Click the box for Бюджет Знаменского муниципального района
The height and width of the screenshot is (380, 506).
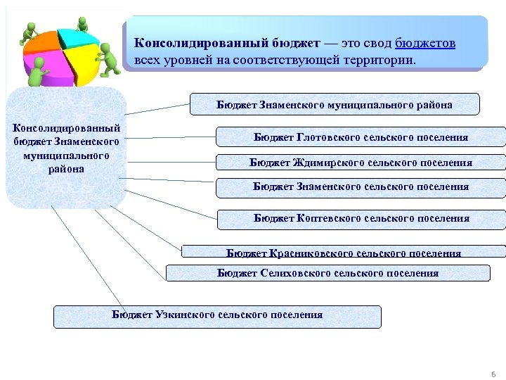tap(335, 104)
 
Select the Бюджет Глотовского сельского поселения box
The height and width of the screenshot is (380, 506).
tap(361, 137)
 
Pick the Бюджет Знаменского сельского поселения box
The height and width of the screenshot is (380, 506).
tap(361, 187)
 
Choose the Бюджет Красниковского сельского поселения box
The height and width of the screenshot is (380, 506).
tap(344, 251)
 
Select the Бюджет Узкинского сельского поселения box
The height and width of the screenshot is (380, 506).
tap(217, 316)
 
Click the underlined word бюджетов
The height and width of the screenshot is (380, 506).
tap(425, 44)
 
